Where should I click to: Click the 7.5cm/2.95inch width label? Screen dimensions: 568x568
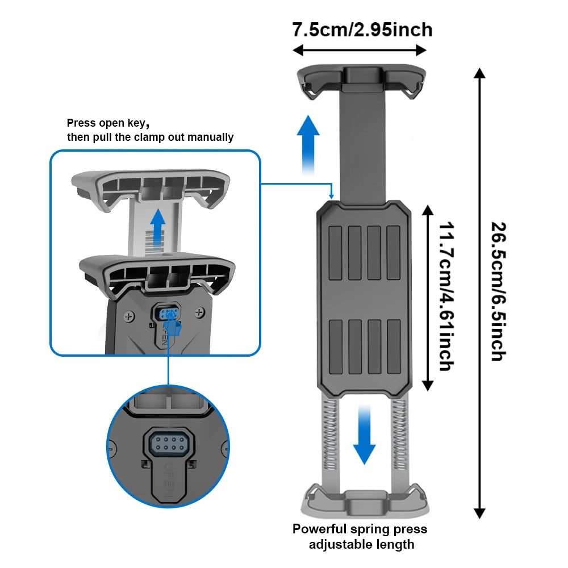[x=362, y=30]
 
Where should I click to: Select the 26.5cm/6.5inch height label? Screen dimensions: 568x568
[x=498, y=291]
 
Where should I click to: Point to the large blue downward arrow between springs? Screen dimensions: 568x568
[x=364, y=435]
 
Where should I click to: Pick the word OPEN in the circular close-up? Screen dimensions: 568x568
[x=169, y=478]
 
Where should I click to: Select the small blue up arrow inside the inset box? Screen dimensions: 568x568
[x=158, y=224]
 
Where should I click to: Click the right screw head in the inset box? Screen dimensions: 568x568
[x=199, y=312]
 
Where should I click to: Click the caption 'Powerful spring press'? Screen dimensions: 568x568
[x=360, y=529]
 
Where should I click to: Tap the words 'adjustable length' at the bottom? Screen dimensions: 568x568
[x=361, y=545]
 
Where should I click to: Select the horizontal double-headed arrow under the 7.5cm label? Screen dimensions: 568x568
[x=359, y=51]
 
